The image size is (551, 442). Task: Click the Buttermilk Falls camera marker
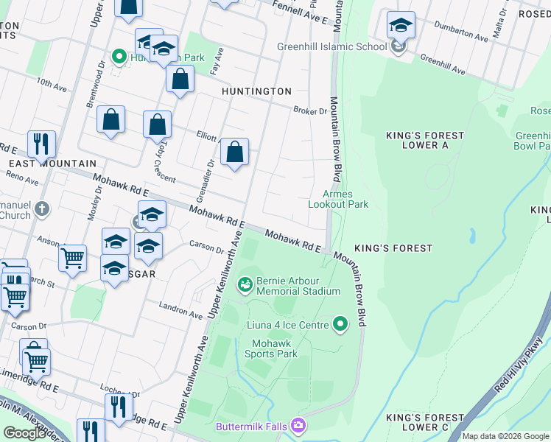(298, 425)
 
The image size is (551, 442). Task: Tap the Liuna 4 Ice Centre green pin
(340, 323)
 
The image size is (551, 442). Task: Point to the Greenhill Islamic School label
(331, 47)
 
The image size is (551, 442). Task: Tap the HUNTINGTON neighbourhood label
(256, 91)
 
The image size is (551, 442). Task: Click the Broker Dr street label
(309, 111)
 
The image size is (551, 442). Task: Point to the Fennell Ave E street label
(301, 12)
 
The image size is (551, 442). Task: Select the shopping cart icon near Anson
(71, 259)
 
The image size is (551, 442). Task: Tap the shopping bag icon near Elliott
(234, 152)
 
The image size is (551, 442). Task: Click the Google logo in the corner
(25, 432)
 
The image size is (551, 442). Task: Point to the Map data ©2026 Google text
(505, 436)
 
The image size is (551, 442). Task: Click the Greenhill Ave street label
(443, 64)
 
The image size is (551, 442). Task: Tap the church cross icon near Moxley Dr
(42, 208)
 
